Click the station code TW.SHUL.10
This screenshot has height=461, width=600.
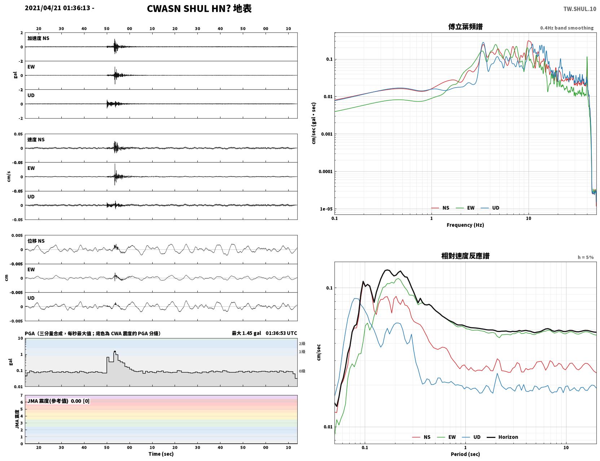tap(579, 9)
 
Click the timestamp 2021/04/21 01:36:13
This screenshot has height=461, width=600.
tap(57, 8)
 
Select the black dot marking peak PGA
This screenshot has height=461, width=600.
tap(115, 351)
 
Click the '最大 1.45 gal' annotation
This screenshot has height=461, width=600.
tap(246, 333)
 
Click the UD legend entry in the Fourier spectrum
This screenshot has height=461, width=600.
tap(490, 208)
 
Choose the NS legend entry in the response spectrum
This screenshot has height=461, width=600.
tap(421, 437)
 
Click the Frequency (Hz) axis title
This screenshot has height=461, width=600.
tap(465, 225)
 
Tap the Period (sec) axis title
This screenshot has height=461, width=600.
tap(465, 454)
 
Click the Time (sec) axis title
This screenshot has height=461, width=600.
tap(161, 454)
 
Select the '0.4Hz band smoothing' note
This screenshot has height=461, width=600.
tap(566, 28)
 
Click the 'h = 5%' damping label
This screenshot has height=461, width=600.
tap(585, 257)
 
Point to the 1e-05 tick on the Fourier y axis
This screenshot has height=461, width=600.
tap(327, 209)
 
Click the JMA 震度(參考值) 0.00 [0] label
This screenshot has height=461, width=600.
tap(58, 401)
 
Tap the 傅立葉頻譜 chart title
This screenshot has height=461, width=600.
tap(465, 27)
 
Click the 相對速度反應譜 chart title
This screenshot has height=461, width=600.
tap(465, 256)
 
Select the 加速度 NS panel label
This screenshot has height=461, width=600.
tap(38, 38)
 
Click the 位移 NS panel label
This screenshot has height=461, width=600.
tap(36, 241)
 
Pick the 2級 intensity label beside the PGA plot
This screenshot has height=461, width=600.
tap(302, 343)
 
